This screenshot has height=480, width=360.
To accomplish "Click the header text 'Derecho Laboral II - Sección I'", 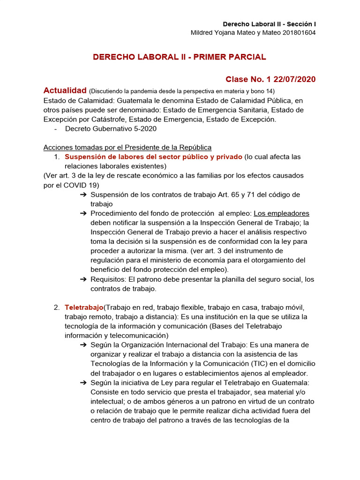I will pyautogui.click(x=272, y=23).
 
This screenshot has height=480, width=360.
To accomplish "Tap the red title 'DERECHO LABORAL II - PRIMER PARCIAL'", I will pyautogui.click(x=180, y=57).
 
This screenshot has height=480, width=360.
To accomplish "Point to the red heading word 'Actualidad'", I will pyautogui.click(x=65, y=90).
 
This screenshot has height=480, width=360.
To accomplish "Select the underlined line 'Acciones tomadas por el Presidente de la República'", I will pyautogui.click(x=127, y=147).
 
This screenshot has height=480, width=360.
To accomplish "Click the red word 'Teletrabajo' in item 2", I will pyautogui.click(x=83, y=307).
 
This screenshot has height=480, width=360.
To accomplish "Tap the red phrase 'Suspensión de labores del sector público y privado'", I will pyautogui.click(x=153, y=157).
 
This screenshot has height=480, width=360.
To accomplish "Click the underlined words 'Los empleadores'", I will pyautogui.click(x=281, y=213).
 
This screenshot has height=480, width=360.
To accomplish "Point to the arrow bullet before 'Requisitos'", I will pyautogui.click(x=83, y=279).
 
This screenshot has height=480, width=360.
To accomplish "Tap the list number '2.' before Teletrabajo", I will pyautogui.click(x=56, y=307).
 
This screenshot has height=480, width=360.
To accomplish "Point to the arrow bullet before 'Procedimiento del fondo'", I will pyautogui.click(x=83, y=213).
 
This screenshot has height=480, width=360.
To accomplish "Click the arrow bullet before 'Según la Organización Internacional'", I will pyautogui.click(x=83, y=345).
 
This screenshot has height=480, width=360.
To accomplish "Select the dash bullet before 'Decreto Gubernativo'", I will pyautogui.click(x=56, y=128).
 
